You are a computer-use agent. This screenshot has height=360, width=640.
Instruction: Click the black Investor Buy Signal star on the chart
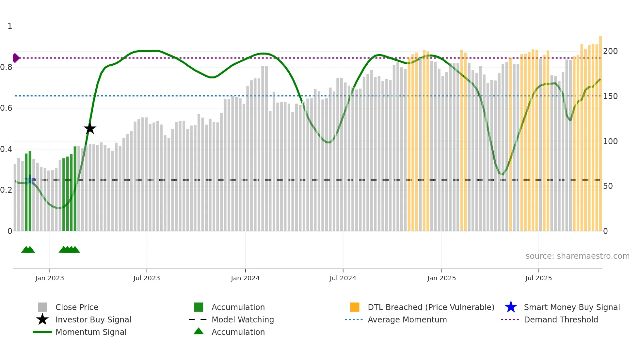pos(90,129)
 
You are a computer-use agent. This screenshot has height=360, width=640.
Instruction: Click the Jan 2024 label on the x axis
pos(245,278)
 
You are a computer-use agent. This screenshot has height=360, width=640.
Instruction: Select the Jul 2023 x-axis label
pos(147,278)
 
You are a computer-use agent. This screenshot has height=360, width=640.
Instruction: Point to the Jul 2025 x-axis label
pos(538,278)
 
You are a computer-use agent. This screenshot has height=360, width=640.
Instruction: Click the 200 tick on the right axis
pos(610,51)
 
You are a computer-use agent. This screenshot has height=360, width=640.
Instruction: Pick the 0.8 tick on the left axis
pos(6,67)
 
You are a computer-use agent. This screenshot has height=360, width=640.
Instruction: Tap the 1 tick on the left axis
pos(10,26)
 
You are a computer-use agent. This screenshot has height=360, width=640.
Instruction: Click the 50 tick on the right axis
pos(608,186)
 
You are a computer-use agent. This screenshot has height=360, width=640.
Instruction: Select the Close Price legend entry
pos(77,307)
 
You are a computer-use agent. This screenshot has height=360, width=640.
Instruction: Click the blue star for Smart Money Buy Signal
pos(511,307)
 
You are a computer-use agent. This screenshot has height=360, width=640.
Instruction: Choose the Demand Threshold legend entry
pos(561,319)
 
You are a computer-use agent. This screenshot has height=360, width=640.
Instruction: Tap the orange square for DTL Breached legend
pos(355,307)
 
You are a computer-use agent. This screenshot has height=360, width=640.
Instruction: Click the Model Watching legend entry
pos(242,319)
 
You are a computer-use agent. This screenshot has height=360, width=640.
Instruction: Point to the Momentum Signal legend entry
pos(91,332)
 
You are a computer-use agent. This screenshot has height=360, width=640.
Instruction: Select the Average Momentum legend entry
pos(407,319)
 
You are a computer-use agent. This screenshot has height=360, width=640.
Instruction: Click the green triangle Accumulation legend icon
pos(199,331)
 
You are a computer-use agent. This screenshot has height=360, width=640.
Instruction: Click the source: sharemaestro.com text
pos(577,256)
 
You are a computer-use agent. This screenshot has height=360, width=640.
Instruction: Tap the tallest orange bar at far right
pos(600,131)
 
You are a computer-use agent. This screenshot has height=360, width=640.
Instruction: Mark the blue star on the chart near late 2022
pos(30,180)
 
